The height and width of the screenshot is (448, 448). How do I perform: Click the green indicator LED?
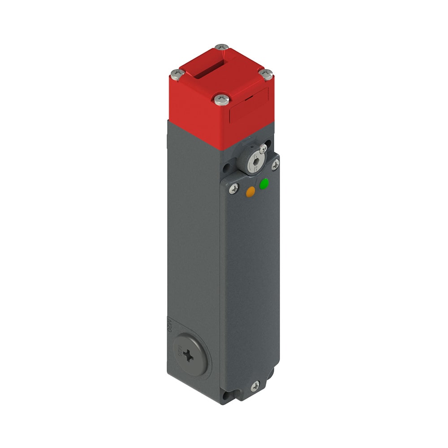click(x=264, y=183)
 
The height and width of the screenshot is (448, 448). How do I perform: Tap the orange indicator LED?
click(x=250, y=192)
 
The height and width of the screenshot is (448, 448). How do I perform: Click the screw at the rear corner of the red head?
click(x=221, y=47)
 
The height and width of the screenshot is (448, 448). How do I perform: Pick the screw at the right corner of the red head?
click(x=267, y=74)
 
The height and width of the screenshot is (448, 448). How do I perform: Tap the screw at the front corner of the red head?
click(x=221, y=99)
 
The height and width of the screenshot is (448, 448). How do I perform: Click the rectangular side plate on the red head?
click(x=249, y=106)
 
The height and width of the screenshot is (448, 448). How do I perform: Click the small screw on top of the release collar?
click(x=263, y=148)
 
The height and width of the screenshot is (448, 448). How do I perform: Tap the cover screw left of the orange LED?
click(x=233, y=189)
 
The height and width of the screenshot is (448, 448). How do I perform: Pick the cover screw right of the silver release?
click(x=275, y=165)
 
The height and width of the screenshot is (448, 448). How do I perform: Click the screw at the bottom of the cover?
click(x=255, y=385)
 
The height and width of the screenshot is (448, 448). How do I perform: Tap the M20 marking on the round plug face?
click(x=178, y=352)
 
